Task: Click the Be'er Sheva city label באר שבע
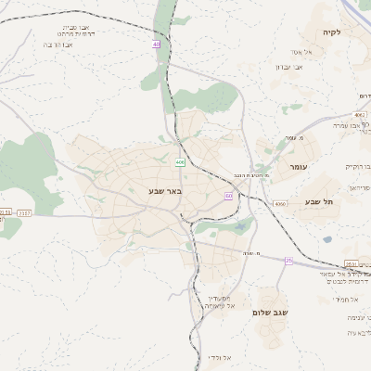pos(166,191)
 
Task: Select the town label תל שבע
pos(319,201)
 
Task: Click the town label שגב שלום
pos(271,313)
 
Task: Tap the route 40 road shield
pos(157,44)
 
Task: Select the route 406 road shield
pos(179,163)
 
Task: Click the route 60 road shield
pos(228,196)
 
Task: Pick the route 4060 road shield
pos(280,203)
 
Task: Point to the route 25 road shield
pos(288,261)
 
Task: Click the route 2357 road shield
pos(25,213)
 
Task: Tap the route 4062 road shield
pos(360,115)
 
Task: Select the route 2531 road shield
pos(351,264)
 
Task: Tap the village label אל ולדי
pos(233,357)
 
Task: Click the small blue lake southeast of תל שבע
pos(327,240)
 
